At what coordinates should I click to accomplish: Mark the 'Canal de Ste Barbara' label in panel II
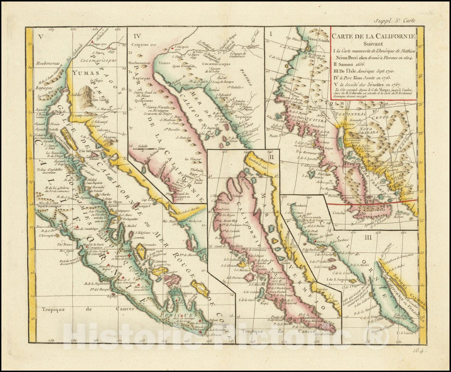pyautogui.click(x=227, y=246)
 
